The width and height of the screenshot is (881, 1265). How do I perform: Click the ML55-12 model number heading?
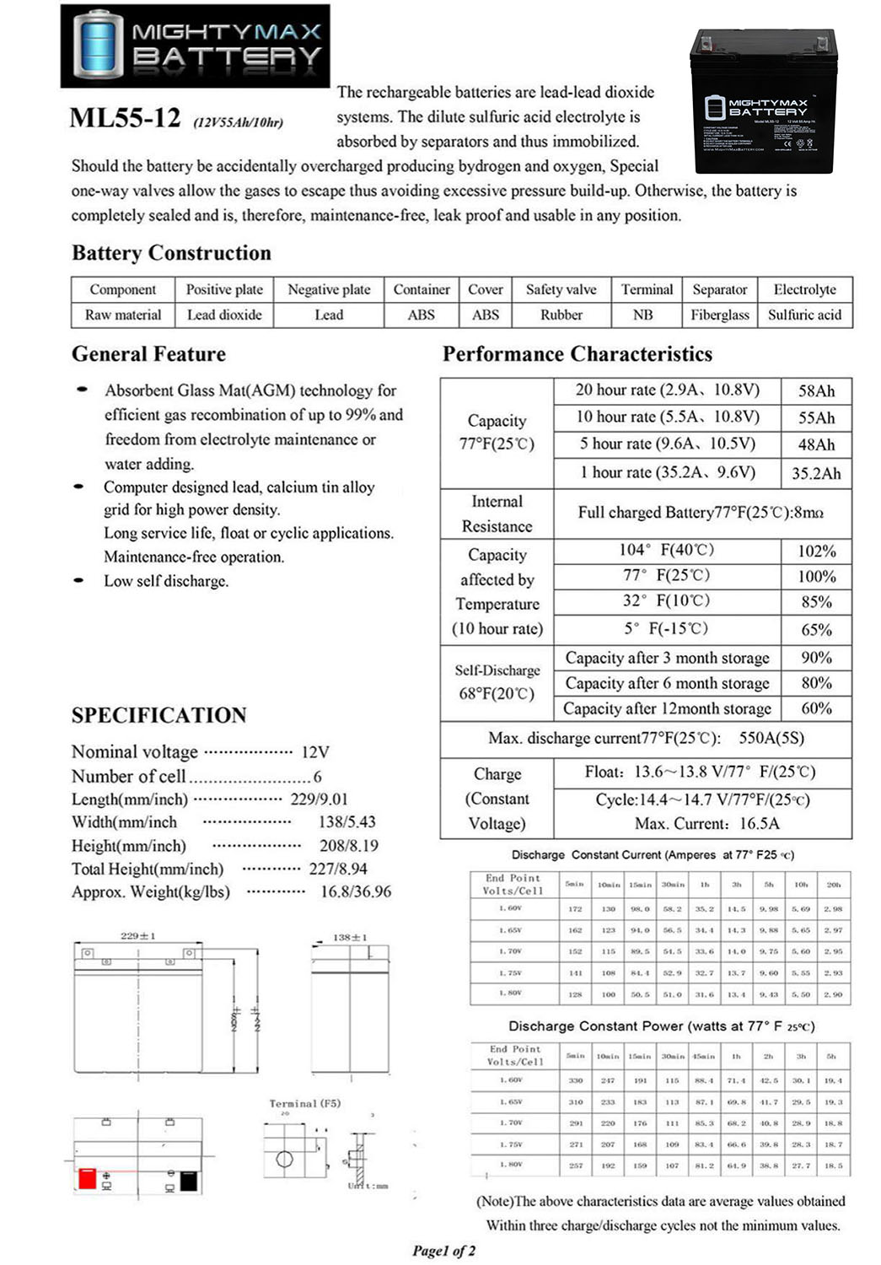tap(125, 117)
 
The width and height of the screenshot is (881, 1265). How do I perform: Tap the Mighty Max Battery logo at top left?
tap(195, 46)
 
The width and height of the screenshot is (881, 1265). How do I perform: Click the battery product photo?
tap(763, 100)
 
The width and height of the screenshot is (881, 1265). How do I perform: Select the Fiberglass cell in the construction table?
tap(719, 315)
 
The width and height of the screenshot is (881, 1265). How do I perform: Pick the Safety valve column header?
tap(561, 289)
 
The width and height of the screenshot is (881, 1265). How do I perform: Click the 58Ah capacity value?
tap(816, 390)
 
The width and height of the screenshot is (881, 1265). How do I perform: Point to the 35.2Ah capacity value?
tap(816, 473)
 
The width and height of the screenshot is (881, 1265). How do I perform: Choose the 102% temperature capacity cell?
tap(816, 551)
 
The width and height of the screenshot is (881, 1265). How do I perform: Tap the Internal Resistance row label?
tap(497, 514)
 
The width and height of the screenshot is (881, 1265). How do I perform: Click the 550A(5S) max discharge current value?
tap(771, 738)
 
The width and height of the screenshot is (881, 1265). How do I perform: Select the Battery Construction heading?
tap(171, 253)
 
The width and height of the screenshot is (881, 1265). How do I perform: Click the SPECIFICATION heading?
tap(158, 715)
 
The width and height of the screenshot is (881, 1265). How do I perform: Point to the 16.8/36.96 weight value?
tap(355, 891)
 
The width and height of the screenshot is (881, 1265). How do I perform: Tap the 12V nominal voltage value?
tap(314, 751)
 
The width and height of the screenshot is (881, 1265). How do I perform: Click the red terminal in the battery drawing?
tap(87, 1178)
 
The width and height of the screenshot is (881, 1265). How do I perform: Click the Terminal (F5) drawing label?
tap(304, 1103)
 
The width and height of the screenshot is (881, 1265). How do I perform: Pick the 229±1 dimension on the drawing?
tap(137, 936)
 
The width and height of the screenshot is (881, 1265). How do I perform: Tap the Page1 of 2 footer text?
tap(443, 1251)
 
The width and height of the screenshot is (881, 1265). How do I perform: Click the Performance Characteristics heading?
tap(577, 354)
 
